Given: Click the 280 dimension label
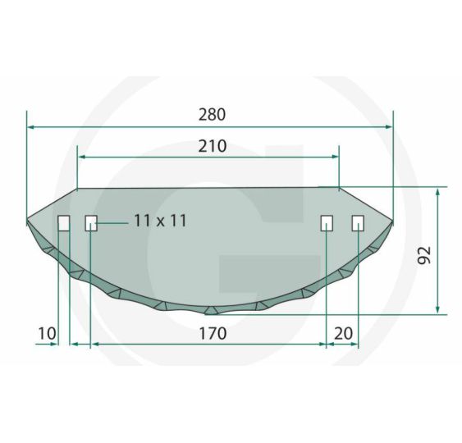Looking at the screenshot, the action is click(x=213, y=115).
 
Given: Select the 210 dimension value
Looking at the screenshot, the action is click(x=213, y=146).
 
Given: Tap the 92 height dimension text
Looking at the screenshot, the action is click(x=424, y=255).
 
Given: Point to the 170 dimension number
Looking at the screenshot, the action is click(x=213, y=333).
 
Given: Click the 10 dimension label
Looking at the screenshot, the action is click(x=47, y=333).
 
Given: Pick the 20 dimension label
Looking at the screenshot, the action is click(x=343, y=333).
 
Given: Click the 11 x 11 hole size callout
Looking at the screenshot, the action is click(x=160, y=221).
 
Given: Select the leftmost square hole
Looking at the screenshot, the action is click(x=64, y=223).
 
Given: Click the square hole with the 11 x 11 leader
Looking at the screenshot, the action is click(x=91, y=223).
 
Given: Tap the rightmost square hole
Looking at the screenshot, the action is click(x=358, y=223).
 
